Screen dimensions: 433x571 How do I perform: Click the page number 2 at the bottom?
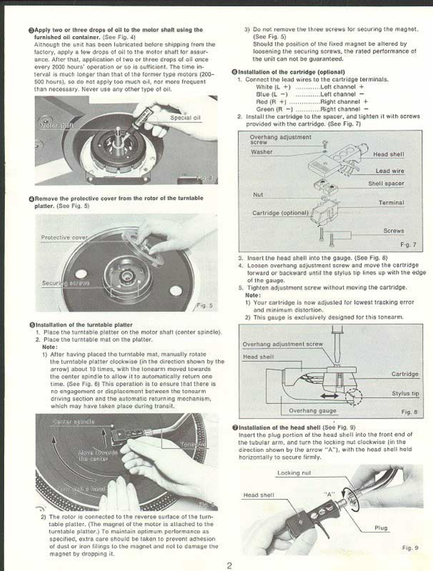pos(229,565)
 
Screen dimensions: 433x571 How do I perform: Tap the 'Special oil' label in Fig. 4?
pos(185,118)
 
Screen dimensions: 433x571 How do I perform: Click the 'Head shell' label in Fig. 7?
pos(388,154)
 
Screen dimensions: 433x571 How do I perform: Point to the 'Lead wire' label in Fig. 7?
pos(389,171)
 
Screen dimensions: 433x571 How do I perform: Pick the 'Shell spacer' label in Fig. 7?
pos(386,183)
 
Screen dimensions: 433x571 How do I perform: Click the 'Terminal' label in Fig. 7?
pos(391,203)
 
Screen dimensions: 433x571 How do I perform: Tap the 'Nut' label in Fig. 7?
pos(258,194)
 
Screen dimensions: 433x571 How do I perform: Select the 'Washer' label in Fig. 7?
pos(262,152)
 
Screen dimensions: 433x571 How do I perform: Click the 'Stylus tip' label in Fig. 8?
pos(405,393)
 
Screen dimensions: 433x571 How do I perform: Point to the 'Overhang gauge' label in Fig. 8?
pos(313,411)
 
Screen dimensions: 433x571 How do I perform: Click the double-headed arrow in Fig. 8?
pos(330,396)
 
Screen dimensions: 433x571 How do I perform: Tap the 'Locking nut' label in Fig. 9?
pos(294,473)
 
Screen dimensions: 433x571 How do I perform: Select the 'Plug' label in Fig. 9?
pos(381,528)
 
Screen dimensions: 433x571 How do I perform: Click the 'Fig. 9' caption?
pos(410,547)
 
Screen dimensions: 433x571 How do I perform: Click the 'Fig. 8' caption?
pos(409,412)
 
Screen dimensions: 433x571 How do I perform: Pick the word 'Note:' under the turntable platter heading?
pos(49,347)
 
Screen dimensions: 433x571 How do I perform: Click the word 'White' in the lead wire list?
pos(263,87)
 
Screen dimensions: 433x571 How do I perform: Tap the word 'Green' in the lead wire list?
pos(265,109)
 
